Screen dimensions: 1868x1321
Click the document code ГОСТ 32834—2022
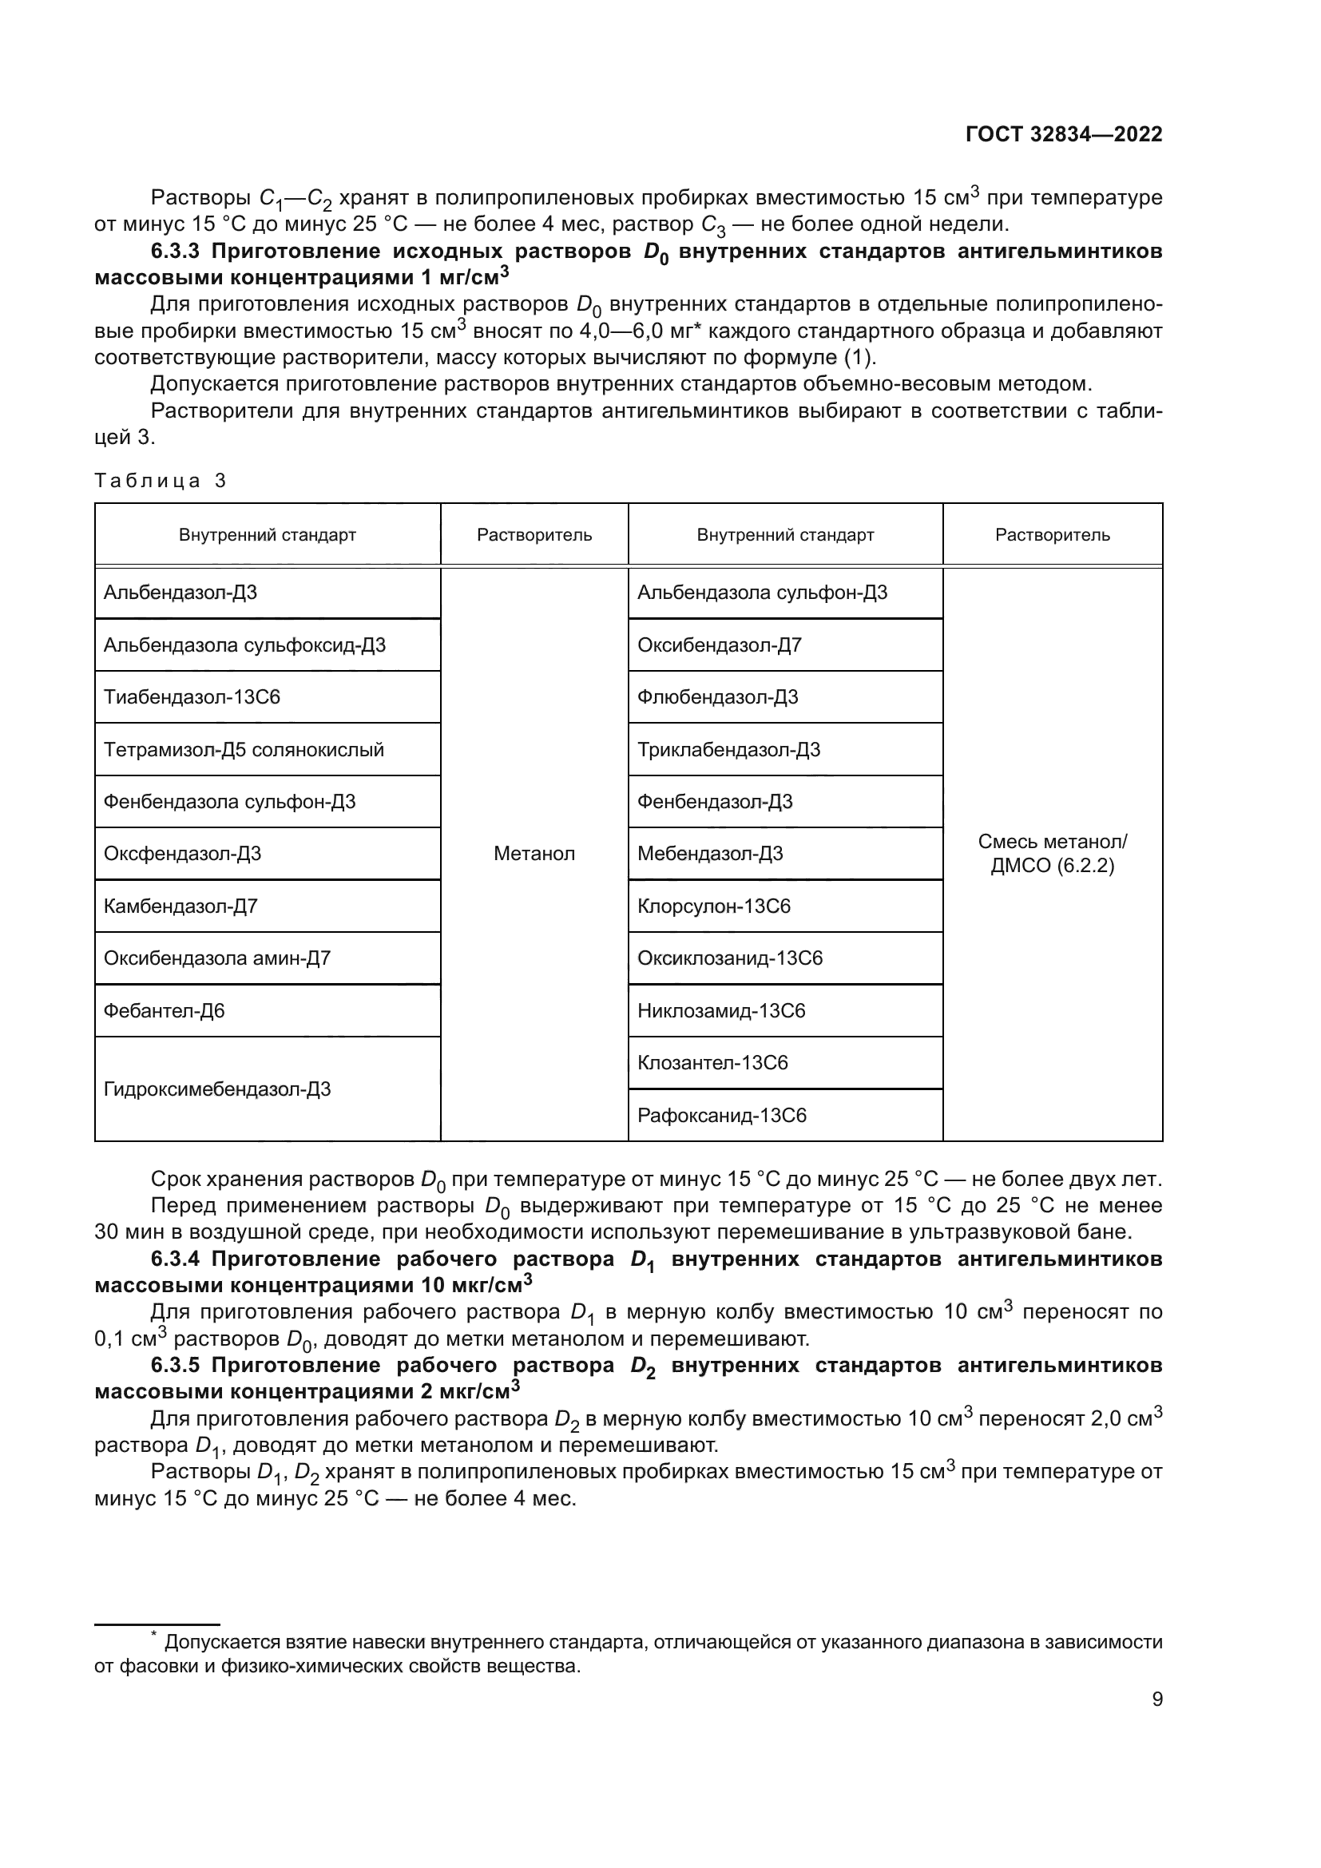[x=1063, y=135]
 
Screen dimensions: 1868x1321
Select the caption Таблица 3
[x=161, y=481]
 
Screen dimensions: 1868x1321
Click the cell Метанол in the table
[x=534, y=854]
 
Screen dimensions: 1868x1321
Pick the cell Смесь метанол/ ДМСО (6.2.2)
[x=1052, y=854]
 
